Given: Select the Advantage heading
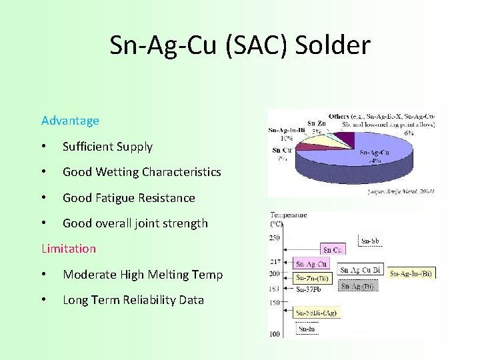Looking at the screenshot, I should point(70,121).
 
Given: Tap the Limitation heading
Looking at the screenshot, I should point(69,249).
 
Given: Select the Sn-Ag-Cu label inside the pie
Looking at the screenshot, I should point(375,153).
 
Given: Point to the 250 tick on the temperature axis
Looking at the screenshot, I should point(275,237).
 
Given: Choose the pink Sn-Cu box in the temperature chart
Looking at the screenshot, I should point(333,250).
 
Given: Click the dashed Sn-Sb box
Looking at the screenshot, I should point(370,240).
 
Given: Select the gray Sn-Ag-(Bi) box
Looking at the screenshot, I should point(359,286).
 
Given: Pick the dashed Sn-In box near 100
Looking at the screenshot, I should point(307,329).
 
